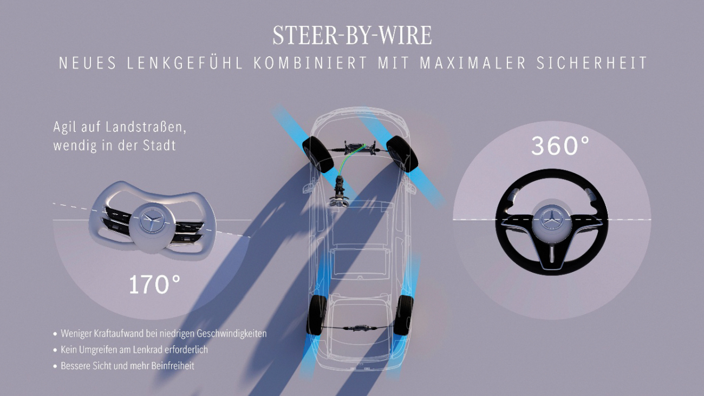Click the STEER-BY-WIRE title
(352, 35)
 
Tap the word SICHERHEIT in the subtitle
(591, 63)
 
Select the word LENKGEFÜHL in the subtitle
(185, 63)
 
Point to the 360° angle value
(560, 146)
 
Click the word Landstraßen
(146, 127)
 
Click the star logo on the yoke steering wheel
(152, 219)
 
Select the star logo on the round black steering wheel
(552, 219)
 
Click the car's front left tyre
(317, 155)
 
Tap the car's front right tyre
(402, 154)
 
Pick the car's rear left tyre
(316, 315)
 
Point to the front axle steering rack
(360, 148)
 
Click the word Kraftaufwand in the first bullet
(113, 333)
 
